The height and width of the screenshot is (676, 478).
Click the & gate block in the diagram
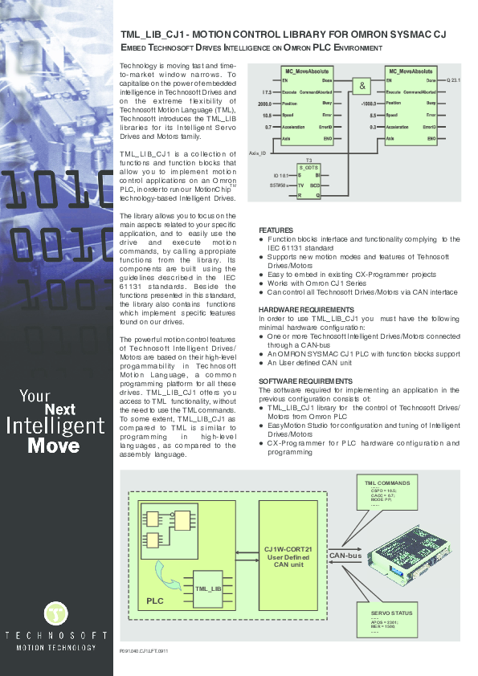(362, 87)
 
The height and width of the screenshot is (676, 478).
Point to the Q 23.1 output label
(455, 81)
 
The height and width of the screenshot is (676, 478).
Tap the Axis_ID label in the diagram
(258, 152)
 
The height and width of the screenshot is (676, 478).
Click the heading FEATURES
(276, 230)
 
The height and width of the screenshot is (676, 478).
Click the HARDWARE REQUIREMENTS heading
(306, 309)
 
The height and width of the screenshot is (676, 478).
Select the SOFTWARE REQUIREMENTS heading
(305, 380)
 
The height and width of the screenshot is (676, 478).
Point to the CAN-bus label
(346, 555)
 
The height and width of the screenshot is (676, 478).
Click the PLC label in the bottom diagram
(155, 601)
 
